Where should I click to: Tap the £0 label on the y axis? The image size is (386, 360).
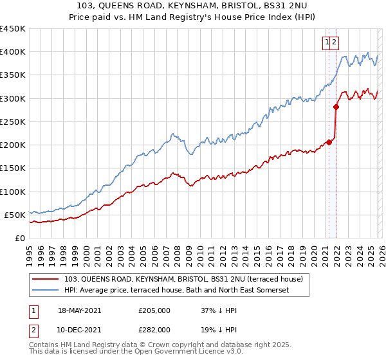click(x=20, y=239)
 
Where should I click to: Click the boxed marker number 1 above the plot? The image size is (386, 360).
click(x=327, y=42)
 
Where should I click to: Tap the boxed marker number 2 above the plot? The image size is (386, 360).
click(x=335, y=42)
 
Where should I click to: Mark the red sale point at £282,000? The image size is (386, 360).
click(x=336, y=107)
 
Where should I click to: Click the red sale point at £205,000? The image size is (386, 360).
click(x=329, y=142)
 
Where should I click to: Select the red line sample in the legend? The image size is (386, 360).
click(x=46, y=279)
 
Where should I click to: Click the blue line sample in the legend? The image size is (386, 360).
click(x=46, y=291)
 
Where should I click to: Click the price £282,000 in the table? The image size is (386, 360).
click(x=154, y=329)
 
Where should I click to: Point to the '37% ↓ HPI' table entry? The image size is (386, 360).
click(x=218, y=310)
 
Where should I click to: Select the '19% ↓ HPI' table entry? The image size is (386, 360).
click(x=218, y=329)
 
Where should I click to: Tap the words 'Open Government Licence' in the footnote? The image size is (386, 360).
click(x=173, y=353)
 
